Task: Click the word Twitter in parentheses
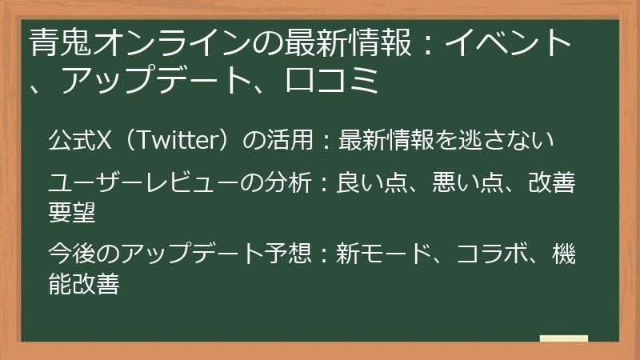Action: click(x=172, y=140)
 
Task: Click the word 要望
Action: click(x=74, y=212)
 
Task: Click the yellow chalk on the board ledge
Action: click(x=563, y=339)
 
